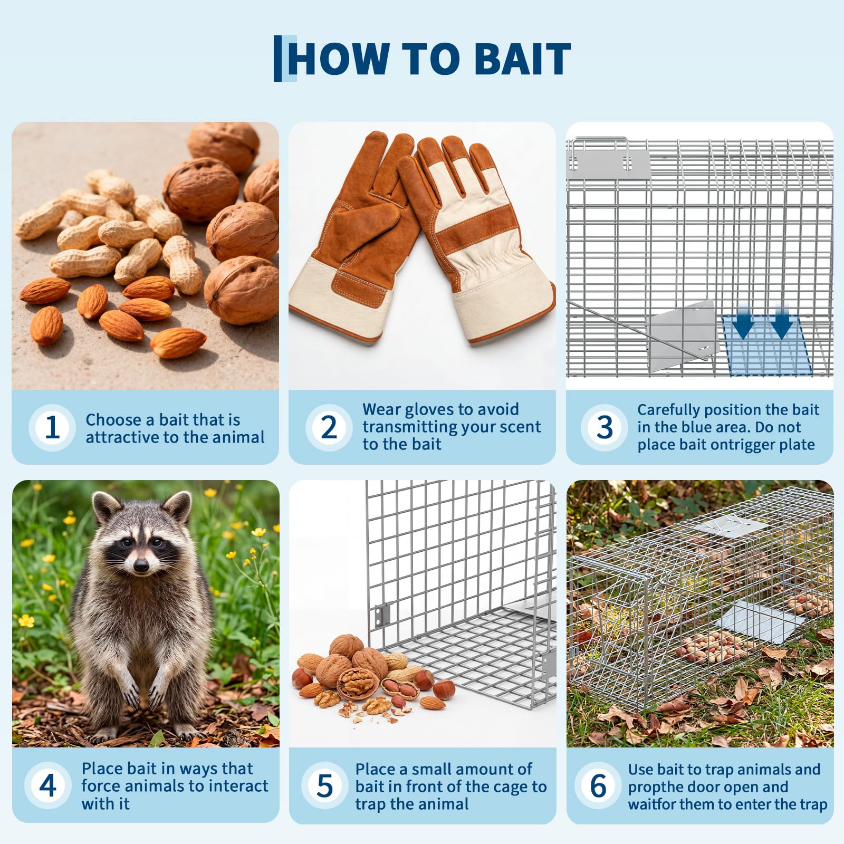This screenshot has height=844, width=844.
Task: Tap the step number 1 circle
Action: pyautogui.click(x=52, y=427)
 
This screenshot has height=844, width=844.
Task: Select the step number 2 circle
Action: pyautogui.click(x=329, y=427)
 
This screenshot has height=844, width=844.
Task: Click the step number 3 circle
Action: pyautogui.click(x=605, y=427)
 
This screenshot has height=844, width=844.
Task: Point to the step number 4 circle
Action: pyautogui.click(x=47, y=785)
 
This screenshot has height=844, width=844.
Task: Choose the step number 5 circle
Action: pyautogui.click(x=324, y=785)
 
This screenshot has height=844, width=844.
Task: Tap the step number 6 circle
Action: pyautogui.click(x=598, y=785)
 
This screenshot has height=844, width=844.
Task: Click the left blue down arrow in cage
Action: pyautogui.click(x=744, y=321)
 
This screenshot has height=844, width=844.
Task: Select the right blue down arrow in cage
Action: pyautogui.click(x=782, y=321)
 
